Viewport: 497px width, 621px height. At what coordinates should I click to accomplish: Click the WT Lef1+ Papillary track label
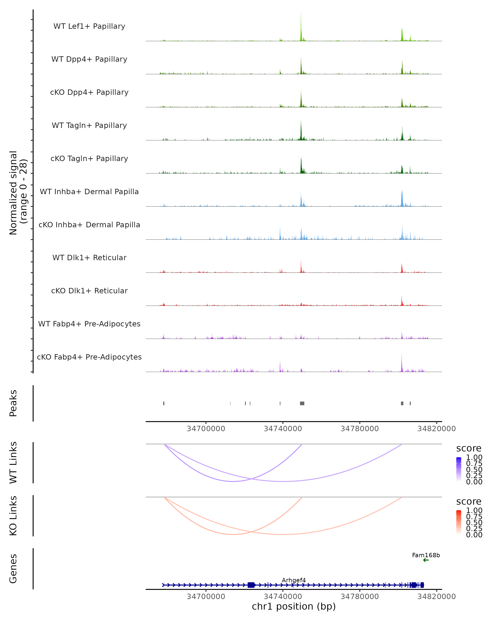point(89,26)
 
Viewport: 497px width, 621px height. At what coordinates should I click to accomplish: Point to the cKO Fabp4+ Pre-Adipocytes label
point(89,357)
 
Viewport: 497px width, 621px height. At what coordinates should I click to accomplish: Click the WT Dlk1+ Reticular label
point(89,258)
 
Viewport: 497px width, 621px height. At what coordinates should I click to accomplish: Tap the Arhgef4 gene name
point(294,580)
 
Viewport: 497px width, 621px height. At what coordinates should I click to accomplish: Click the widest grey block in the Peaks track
point(302,403)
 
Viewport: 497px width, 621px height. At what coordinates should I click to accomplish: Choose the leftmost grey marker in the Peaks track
point(164,403)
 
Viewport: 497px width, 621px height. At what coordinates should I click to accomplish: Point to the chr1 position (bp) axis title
point(294,607)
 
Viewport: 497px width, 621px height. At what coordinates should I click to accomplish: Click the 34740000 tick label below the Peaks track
point(283,429)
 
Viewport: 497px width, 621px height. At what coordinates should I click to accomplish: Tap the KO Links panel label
point(13,516)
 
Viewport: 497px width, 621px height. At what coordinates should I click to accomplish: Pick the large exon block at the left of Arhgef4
point(251,585)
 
